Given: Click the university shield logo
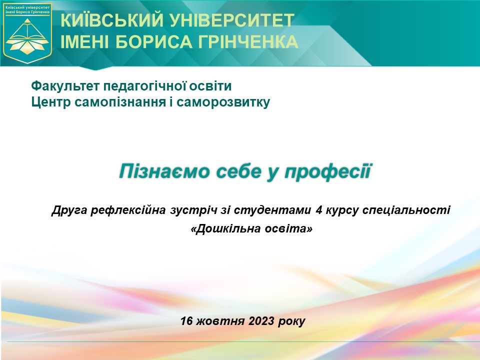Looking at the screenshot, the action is pyautogui.click(x=27, y=33).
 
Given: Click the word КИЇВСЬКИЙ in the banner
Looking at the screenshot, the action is pyautogui.click(x=112, y=20).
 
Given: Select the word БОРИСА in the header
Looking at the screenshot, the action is pyautogui.click(x=154, y=41).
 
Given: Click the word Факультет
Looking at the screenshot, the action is pyautogui.click(x=65, y=86).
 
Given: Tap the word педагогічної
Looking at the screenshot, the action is pyautogui.click(x=144, y=86).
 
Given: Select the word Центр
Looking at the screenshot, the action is pyautogui.click(x=51, y=102).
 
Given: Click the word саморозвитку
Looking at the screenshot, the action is pyautogui.click(x=223, y=102).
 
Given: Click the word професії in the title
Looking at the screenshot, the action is pyautogui.click(x=328, y=171).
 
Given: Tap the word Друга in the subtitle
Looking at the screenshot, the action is pyautogui.click(x=69, y=210).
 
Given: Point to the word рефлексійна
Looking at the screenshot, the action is pyautogui.click(x=128, y=210).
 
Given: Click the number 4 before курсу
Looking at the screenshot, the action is pyautogui.click(x=318, y=210).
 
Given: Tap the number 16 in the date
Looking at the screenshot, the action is pyautogui.click(x=186, y=321).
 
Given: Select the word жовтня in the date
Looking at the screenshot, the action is pyautogui.click(x=220, y=321).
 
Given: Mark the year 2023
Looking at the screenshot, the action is pyautogui.click(x=261, y=321).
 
